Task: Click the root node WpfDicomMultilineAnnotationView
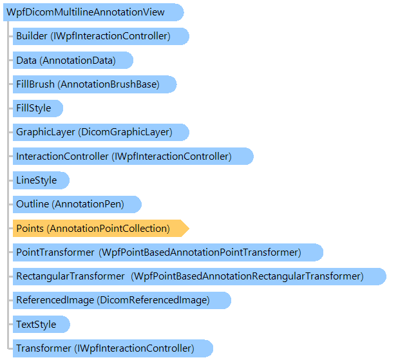point(93,12)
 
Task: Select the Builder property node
point(100,36)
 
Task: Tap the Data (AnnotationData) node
point(73,61)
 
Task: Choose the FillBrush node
point(95,84)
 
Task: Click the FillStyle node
point(38,108)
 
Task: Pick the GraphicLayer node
point(100,132)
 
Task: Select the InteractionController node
point(133,156)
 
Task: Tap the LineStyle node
point(41,180)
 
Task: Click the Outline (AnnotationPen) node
point(77,204)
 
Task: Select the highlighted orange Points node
point(100,229)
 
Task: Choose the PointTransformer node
point(168,252)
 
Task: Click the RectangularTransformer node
point(200,276)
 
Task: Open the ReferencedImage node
point(122,300)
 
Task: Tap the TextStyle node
point(41,325)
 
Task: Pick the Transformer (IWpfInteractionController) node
point(113,348)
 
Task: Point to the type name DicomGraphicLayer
point(126,132)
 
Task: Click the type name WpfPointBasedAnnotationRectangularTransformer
point(247,276)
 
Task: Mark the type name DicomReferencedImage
point(153,300)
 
